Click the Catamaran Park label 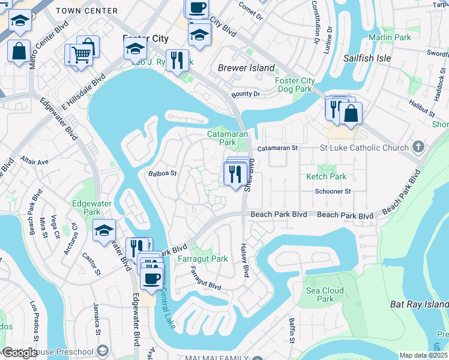222,139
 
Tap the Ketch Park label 326,176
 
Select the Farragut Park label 203,259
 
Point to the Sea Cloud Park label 325,295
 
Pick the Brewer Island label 246,68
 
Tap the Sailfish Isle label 367,58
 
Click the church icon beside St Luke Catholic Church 419,147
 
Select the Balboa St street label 162,173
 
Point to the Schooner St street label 333,191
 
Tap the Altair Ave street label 34,162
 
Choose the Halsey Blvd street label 244,260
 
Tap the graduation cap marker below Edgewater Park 104,230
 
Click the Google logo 20,353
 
